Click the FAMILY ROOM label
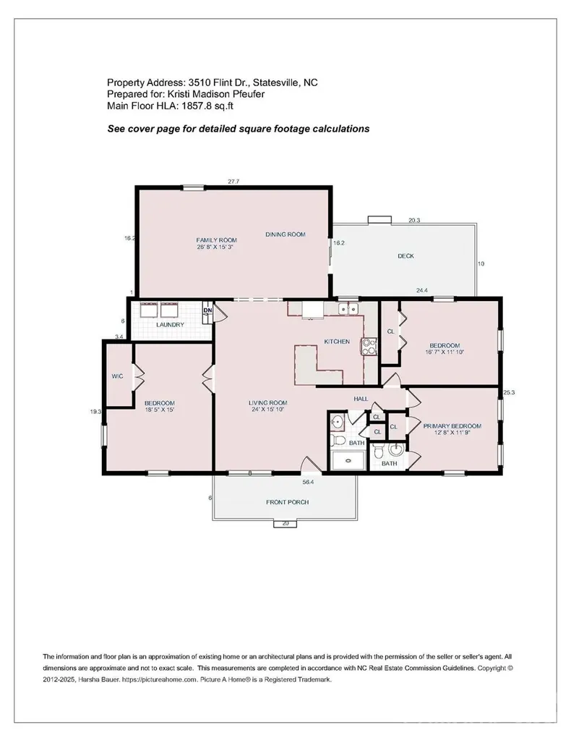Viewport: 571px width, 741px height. point(217,240)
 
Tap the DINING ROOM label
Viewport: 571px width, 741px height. point(285,234)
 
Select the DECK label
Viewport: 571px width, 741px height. point(405,256)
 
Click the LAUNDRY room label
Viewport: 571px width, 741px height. point(170,325)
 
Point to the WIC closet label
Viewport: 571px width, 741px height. point(118,376)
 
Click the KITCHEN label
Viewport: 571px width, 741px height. point(337,342)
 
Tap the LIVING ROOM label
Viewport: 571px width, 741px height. point(267,403)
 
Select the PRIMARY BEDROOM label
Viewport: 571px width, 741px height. point(452,425)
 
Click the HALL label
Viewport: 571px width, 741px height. point(361,399)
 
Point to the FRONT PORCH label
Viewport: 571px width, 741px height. point(288,502)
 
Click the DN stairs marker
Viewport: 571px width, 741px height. point(207,310)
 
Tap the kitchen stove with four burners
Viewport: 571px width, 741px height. point(369,346)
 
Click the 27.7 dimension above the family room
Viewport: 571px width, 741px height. point(233,181)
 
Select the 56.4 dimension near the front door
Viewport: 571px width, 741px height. point(308,482)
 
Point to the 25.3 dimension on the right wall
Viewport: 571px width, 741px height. point(509,392)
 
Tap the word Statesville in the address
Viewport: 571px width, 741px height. point(275,82)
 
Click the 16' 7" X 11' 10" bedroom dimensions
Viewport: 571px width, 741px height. point(445,352)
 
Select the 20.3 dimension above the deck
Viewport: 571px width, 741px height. point(414,220)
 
